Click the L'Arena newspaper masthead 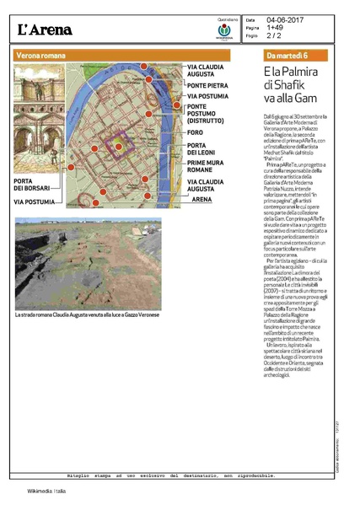tap(46, 30)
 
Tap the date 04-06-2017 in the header tap(285, 19)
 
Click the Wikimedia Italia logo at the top tap(224, 32)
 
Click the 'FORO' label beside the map tap(195, 132)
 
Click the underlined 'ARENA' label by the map tap(201, 199)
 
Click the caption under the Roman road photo tap(89, 314)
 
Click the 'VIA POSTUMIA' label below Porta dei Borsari tap(34, 202)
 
